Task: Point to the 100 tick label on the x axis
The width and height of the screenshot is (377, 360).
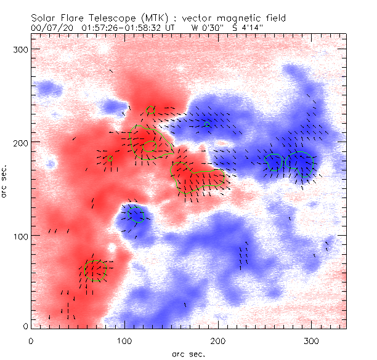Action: click(x=124, y=340)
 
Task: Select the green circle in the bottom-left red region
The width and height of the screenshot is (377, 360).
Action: click(x=95, y=271)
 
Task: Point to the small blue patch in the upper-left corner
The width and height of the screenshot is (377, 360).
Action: click(x=45, y=87)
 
